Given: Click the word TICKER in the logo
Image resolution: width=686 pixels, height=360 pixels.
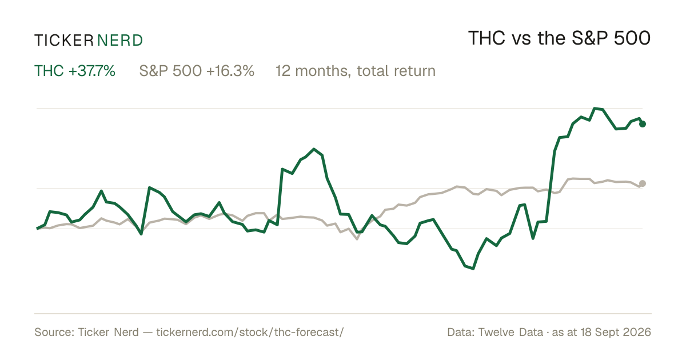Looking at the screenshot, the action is [x=63, y=41].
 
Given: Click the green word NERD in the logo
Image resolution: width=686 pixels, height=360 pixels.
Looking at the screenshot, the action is [x=119, y=41].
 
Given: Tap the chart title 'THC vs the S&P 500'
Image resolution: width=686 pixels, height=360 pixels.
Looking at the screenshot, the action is [x=559, y=38].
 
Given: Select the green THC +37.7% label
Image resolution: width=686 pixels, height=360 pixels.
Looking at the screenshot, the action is [x=75, y=71].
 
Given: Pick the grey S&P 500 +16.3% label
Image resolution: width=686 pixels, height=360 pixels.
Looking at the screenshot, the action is [x=197, y=71].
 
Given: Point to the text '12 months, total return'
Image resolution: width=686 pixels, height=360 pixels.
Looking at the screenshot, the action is [x=355, y=71].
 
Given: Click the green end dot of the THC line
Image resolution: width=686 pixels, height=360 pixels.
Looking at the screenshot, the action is [x=643, y=124].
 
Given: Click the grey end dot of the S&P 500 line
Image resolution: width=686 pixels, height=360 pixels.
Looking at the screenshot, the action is [x=643, y=183].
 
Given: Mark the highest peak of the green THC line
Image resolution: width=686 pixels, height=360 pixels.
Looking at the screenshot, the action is [x=595, y=109].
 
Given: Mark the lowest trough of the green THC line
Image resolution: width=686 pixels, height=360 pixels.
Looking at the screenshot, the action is [x=473, y=269].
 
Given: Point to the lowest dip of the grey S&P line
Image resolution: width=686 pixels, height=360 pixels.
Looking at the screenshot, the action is [x=357, y=239].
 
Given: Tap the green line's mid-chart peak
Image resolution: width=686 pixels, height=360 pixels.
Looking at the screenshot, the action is [x=314, y=149].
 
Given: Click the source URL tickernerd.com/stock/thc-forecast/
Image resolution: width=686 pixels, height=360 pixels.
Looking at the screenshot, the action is [x=250, y=333].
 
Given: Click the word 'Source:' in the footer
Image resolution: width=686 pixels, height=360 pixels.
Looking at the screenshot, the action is [x=54, y=332].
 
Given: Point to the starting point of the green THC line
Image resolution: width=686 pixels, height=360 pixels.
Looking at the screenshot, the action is [x=37, y=229].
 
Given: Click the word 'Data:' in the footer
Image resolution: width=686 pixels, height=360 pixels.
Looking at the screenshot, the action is [x=461, y=332].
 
